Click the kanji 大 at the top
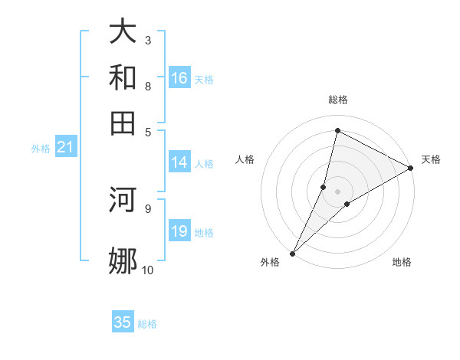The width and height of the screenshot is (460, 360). click(123, 32)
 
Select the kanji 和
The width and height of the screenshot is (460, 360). click(123, 78)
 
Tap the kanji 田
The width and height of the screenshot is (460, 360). click(123, 122)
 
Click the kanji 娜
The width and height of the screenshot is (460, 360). click(123, 260)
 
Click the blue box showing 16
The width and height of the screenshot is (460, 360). click(179, 78)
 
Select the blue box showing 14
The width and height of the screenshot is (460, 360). click(179, 162)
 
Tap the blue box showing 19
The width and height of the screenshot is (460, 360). click(179, 232)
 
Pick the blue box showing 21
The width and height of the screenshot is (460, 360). click(65, 148)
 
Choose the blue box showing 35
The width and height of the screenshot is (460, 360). click(123, 322)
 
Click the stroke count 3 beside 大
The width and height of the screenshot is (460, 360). click(147, 40)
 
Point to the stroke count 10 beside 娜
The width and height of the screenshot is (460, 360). click(147, 270)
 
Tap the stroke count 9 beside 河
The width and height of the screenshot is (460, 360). click(147, 208)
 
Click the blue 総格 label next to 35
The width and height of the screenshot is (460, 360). click(147, 324)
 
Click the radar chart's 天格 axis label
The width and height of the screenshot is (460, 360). click(431, 159)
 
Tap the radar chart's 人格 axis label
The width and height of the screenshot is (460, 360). click(245, 159)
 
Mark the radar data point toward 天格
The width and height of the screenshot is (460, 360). click(411, 169)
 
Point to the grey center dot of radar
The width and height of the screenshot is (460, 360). click(337, 191)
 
